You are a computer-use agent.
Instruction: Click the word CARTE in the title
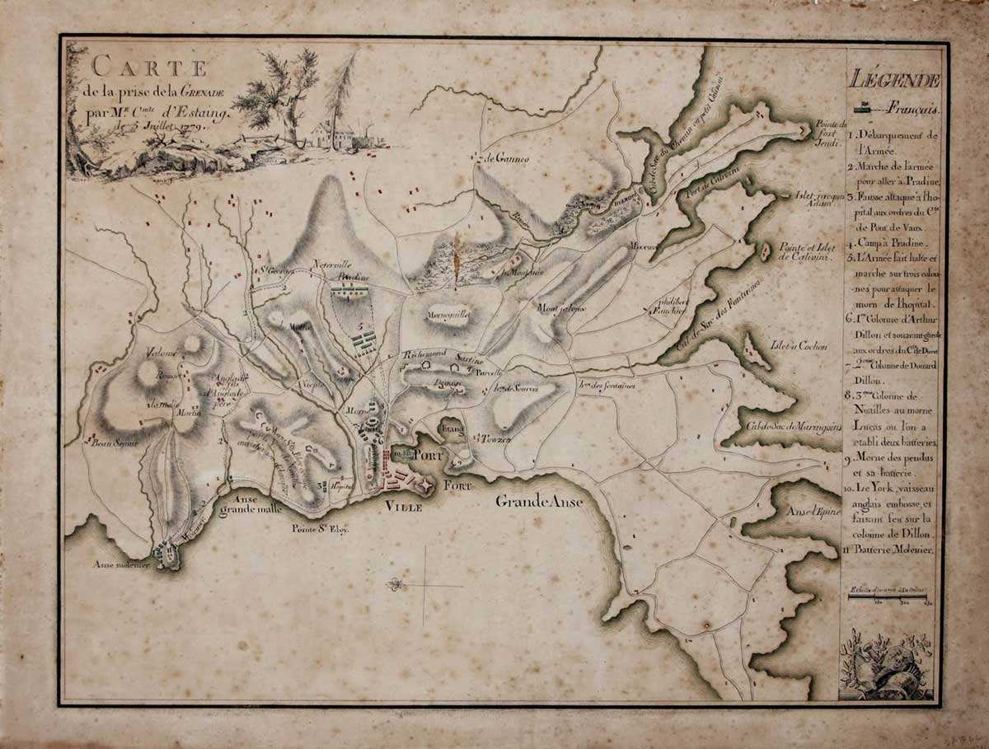coord(149,65)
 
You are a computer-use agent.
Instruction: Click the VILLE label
coord(405,508)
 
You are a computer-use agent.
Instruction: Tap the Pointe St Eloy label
coord(321,530)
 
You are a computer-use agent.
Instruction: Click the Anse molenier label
coord(120,565)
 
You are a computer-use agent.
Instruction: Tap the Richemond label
coord(424,354)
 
